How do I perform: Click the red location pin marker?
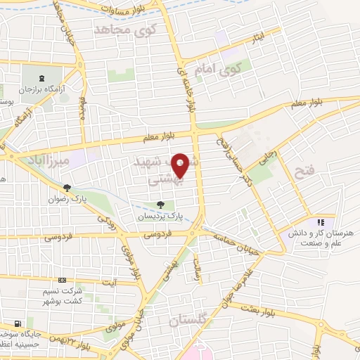click(182, 165)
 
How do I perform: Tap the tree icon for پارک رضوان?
click(67, 188)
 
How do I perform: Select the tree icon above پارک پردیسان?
click(161, 205)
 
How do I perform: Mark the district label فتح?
click(306, 172)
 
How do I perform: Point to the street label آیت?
click(109, 281)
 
